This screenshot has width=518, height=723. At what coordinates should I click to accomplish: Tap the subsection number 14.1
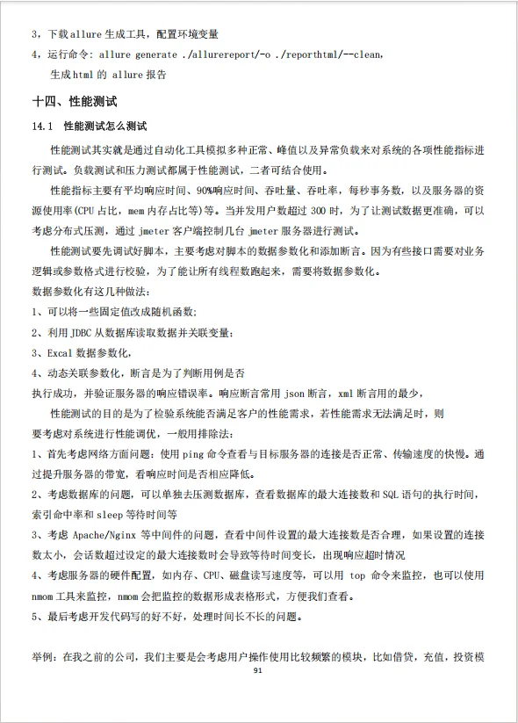click(44, 127)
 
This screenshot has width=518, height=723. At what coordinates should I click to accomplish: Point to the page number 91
click(258, 671)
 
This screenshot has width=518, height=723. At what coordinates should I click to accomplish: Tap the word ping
click(191, 454)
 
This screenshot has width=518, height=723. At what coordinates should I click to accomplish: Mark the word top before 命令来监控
click(357, 575)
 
